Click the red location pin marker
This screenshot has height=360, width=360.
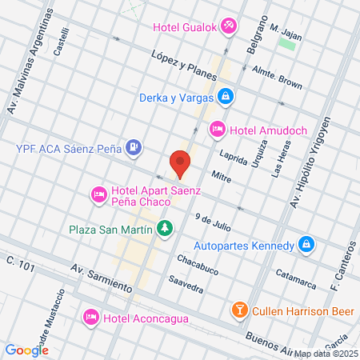[180, 163]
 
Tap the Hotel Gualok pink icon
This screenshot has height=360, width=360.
[228, 26]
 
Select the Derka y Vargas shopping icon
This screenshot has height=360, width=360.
[226, 97]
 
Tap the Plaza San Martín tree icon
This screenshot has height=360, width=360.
[165, 230]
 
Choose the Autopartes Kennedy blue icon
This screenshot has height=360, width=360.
[305, 243]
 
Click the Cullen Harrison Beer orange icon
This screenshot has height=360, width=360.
[239, 309]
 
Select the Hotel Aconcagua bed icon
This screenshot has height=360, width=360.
[91, 318]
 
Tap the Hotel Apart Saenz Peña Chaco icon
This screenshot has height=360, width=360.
[99, 193]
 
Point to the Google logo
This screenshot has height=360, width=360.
[26, 350]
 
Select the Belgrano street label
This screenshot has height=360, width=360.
[256, 38]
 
